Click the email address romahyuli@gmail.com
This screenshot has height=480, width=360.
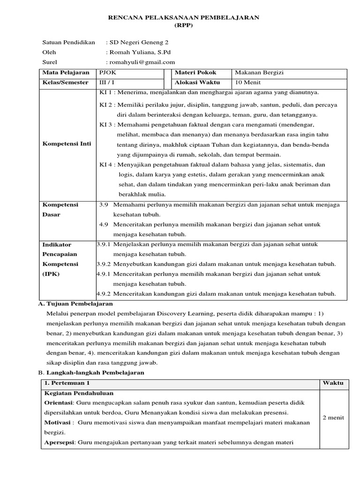tap(142, 62)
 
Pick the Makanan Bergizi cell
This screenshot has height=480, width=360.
tap(258, 73)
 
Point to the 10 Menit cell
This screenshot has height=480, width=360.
tap(247, 82)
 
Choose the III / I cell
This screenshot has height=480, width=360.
tap(107, 82)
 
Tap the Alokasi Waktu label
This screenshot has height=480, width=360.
tap(195, 82)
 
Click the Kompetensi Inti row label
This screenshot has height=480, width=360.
tap(67, 143)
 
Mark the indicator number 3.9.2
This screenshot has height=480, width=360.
tap(104, 264)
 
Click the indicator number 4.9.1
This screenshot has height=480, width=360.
tap(104, 274)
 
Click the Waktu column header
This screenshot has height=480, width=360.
tap(333, 383)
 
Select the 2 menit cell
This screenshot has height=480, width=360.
tap(333, 417)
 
